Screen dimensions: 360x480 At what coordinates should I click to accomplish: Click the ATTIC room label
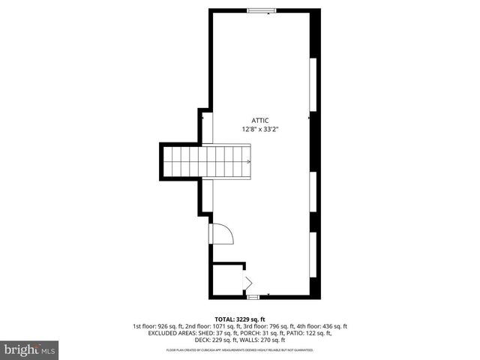260,120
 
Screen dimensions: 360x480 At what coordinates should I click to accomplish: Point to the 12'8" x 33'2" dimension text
260,129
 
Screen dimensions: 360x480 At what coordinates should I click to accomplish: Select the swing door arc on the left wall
223,234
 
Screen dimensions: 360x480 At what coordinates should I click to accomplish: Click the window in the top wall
261,10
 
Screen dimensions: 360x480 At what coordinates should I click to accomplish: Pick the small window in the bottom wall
253,296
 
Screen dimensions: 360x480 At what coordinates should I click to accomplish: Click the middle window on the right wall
314,192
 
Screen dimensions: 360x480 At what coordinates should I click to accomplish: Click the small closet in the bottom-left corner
227,279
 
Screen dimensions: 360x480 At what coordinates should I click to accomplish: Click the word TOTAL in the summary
226,319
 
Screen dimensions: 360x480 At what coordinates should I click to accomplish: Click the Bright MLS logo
30,349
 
